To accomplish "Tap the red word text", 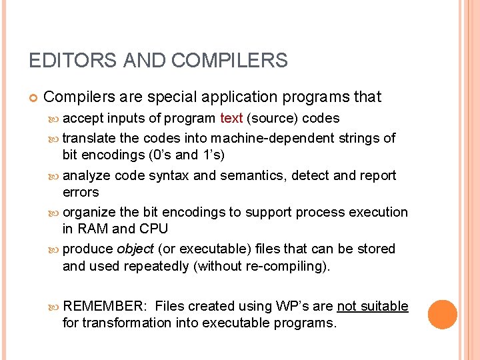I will (x=231, y=119).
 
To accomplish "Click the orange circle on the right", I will (x=442, y=314).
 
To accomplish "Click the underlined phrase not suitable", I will (x=373, y=306).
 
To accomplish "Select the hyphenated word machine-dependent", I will (x=272, y=138).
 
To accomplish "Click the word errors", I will (x=81, y=192).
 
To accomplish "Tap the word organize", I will (x=89, y=212).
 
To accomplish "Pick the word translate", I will (x=89, y=138).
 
